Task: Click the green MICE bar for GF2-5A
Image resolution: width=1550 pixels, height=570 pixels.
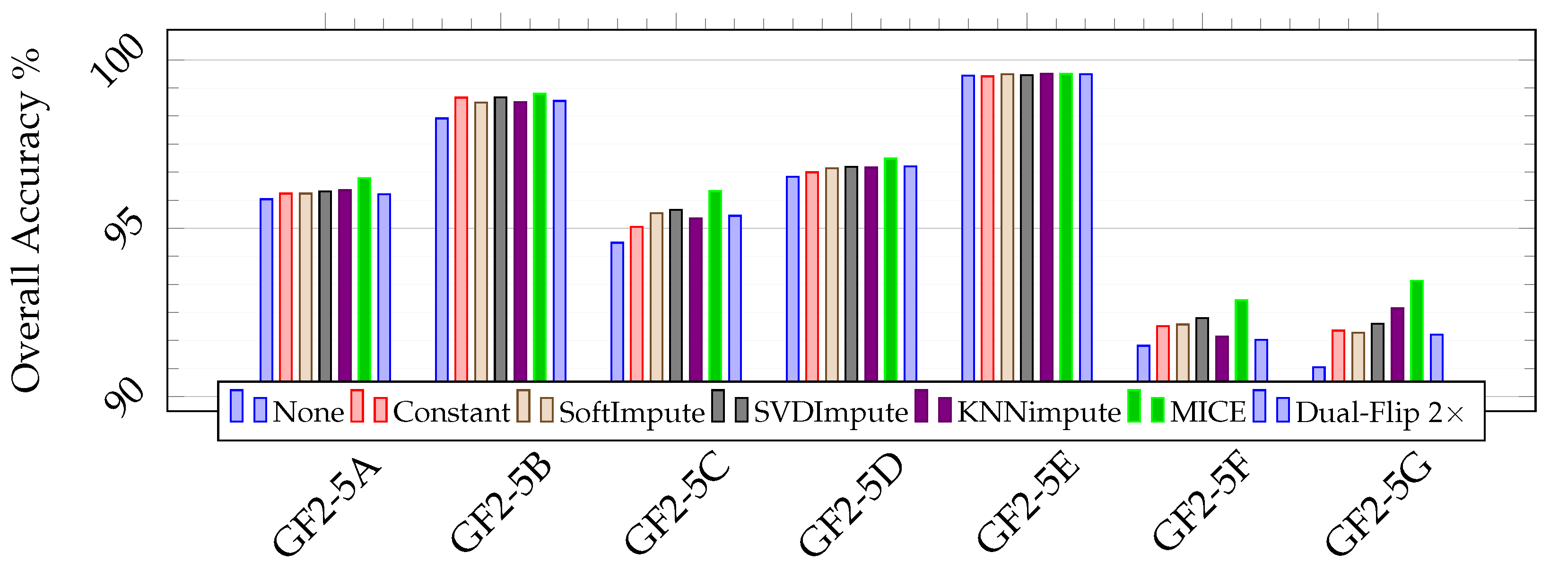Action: point(364,280)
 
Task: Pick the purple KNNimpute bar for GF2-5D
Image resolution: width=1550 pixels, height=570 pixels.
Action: point(871,274)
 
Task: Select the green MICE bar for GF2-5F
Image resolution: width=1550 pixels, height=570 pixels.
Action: point(1241,340)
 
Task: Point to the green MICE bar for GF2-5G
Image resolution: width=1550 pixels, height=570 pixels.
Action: point(1417,331)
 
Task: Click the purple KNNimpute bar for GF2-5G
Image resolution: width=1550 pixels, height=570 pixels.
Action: point(1397,344)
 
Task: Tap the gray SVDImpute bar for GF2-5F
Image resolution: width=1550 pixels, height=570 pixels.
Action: point(1202,349)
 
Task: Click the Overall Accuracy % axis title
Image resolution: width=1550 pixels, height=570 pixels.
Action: point(26,219)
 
